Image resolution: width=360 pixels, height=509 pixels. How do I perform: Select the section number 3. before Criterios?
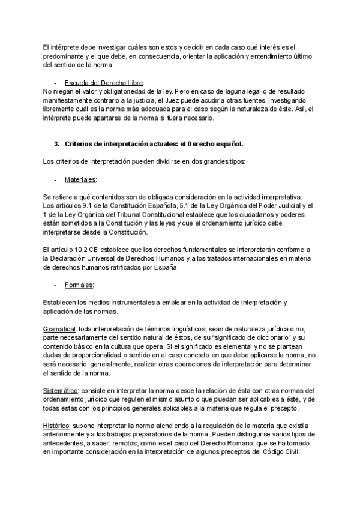[x=57, y=145]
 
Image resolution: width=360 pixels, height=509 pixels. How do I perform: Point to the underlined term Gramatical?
[x=59, y=329]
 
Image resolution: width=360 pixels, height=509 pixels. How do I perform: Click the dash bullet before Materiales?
[x=56, y=180]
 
